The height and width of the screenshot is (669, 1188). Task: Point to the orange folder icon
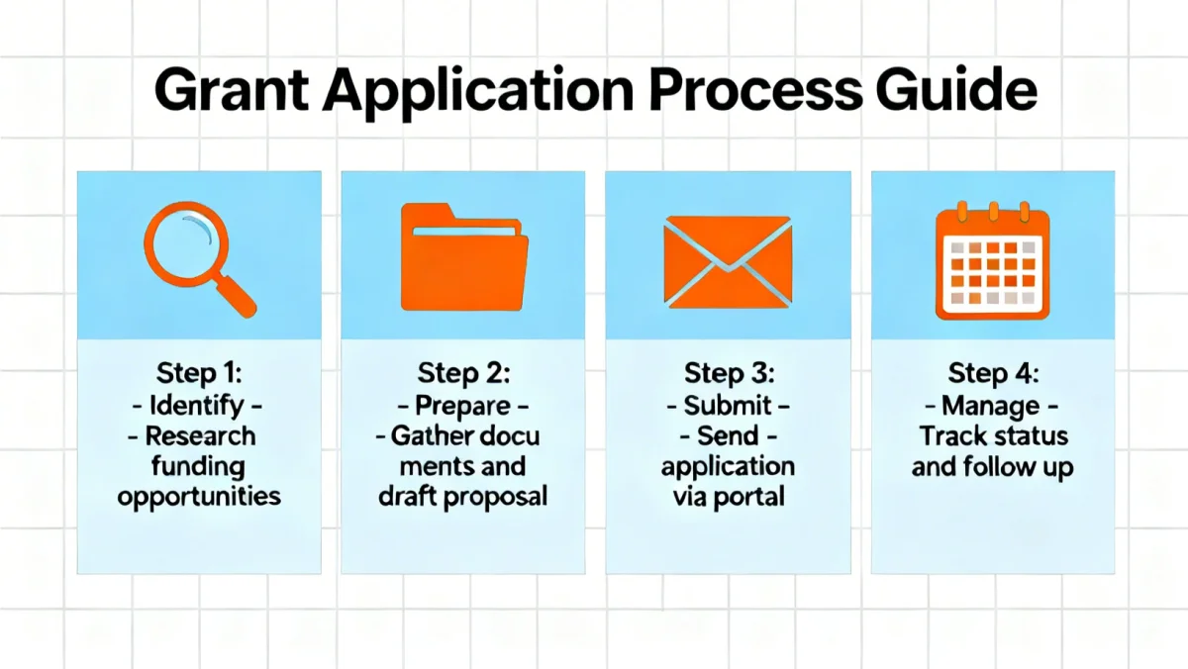[463, 256]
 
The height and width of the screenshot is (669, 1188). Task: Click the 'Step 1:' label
[199, 374]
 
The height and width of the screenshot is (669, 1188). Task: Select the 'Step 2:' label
[463, 374]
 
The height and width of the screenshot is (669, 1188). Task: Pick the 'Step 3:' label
[728, 374]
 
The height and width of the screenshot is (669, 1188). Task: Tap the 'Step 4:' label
[992, 374]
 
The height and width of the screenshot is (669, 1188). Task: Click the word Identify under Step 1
[199, 405]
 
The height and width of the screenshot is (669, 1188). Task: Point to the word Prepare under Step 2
[463, 405]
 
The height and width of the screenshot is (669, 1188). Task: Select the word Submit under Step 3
[728, 405]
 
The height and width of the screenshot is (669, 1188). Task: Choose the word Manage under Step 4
[992, 405]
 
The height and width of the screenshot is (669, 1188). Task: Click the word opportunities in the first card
[199, 496]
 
